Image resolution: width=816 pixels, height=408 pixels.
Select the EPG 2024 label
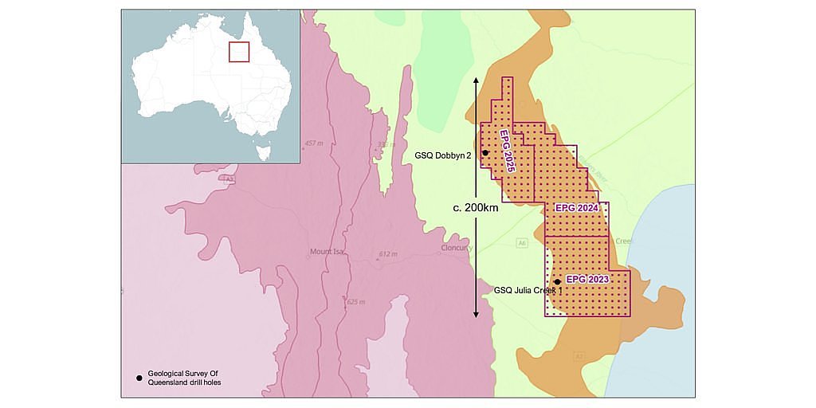(x=576, y=207)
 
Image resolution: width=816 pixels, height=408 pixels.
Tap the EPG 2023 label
(x=587, y=279)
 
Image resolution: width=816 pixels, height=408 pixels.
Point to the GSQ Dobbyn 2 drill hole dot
(x=485, y=152)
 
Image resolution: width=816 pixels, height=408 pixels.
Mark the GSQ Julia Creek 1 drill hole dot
(x=557, y=282)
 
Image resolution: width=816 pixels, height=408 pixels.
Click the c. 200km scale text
(x=476, y=207)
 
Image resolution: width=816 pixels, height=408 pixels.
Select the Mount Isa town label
(x=326, y=253)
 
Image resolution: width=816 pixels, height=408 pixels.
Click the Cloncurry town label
(x=457, y=248)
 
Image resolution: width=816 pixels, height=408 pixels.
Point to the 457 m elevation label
(x=312, y=143)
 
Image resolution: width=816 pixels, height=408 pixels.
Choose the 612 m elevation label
(x=387, y=254)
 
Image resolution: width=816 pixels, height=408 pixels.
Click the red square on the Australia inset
(x=239, y=52)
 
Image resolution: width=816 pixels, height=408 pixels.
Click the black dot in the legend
(x=139, y=377)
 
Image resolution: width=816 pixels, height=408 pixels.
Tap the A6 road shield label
(x=523, y=242)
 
